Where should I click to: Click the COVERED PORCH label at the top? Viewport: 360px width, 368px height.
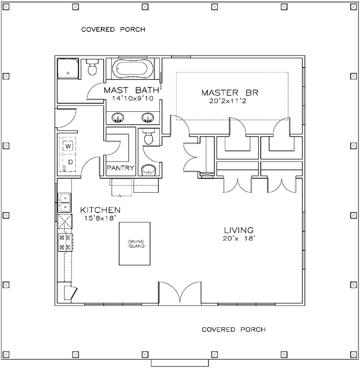coord(113,29)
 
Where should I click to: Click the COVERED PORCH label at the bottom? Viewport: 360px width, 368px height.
coord(233,329)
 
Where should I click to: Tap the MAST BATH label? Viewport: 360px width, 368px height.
coord(131,91)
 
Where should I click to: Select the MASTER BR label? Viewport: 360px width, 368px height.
coord(230,93)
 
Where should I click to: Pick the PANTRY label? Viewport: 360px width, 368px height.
coord(121,168)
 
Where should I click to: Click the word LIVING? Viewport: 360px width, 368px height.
coord(238,230)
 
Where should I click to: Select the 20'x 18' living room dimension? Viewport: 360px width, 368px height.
coord(238,238)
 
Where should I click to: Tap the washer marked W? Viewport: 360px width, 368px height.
coord(69,147)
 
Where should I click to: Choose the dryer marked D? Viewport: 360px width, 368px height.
coord(69,162)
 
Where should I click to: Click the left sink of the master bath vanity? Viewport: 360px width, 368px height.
coord(118,118)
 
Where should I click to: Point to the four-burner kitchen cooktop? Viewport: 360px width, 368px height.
coord(65,242)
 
